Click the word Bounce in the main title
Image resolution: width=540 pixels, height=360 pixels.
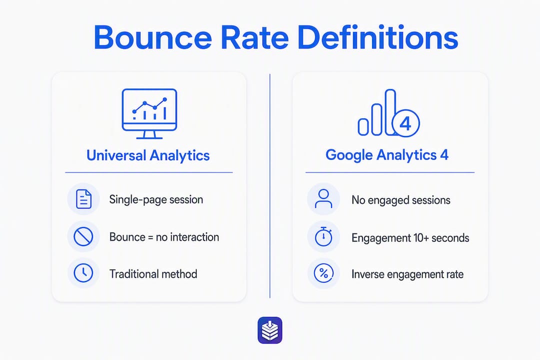pyautogui.click(x=153, y=37)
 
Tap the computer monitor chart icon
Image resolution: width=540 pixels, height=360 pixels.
pyautogui.click(x=149, y=113)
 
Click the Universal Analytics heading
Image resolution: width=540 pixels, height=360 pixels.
pyautogui.click(x=148, y=155)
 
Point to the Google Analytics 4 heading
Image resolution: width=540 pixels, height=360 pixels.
pyautogui.click(x=387, y=155)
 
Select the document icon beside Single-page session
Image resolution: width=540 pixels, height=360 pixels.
pyautogui.click(x=83, y=199)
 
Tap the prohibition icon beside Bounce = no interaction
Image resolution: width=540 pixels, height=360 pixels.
pyautogui.click(x=83, y=236)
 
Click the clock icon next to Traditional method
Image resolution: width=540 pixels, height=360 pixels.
pyautogui.click(x=83, y=273)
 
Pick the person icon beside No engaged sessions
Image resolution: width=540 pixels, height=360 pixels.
pyautogui.click(x=323, y=199)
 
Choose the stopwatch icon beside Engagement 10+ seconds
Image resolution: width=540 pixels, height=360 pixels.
pyautogui.click(x=323, y=236)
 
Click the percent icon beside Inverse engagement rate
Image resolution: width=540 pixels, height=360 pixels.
pyautogui.click(x=323, y=273)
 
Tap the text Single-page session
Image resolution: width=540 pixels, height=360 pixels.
pyautogui.click(x=156, y=199)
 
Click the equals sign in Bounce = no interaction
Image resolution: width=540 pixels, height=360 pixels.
pyautogui.click(x=150, y=237)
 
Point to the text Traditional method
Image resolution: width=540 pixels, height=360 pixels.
pyautogui.click(x=153, y=274)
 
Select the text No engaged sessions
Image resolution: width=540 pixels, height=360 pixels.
pyautogui.click(x=401, y=200)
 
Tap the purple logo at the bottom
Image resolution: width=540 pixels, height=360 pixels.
pyautogui.click(x=270, y=330)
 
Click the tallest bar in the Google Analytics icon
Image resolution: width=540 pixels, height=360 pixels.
pyautogui.click(x=390, y=112)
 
